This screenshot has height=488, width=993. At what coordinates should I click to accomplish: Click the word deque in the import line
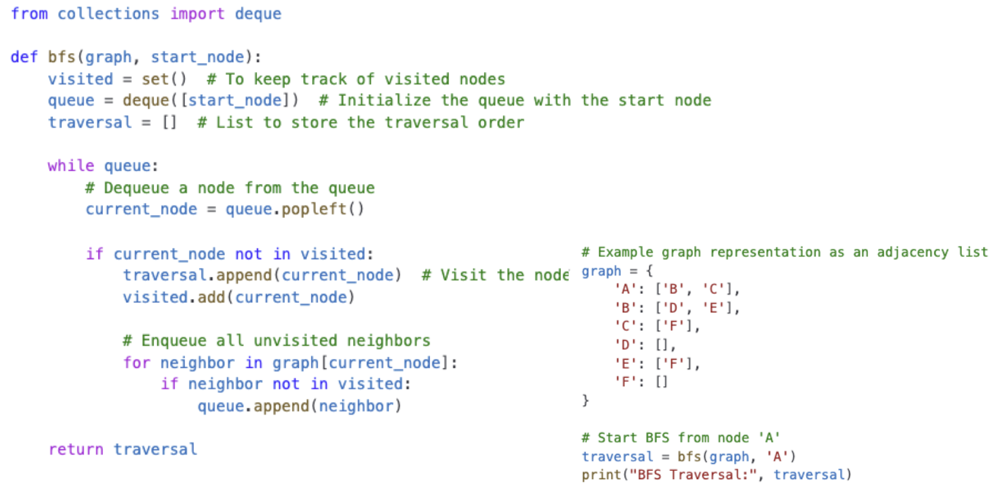point(258,13)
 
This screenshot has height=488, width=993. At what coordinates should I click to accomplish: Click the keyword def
point(24,57)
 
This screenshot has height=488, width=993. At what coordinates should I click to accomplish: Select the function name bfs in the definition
point(61,57)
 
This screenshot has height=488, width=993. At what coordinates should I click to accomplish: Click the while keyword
point(71,166)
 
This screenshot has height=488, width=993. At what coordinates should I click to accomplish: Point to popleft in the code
point(314,209)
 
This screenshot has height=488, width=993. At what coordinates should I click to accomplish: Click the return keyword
point(76,449)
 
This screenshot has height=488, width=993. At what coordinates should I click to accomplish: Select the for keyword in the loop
point(136,363)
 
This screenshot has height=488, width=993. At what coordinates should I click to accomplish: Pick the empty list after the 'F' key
point(661,382)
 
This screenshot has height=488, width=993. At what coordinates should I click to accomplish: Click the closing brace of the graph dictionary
point(586,400)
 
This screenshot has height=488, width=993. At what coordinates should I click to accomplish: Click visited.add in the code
point(173,297)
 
